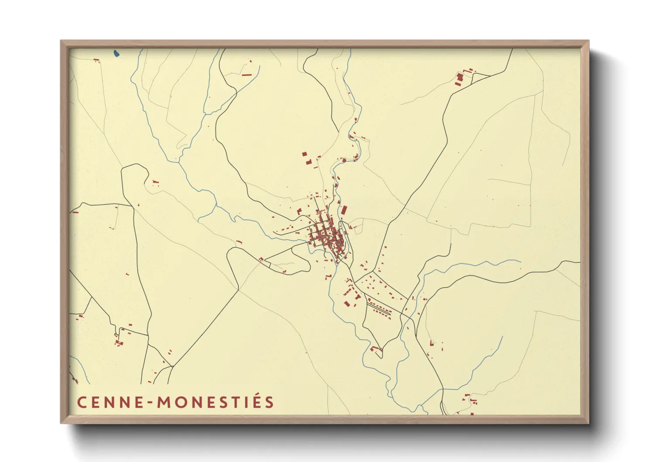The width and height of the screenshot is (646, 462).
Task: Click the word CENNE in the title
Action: pos(110,402)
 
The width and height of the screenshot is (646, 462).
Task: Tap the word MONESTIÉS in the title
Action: pos(216,402)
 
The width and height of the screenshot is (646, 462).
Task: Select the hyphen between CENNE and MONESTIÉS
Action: pos(151,403)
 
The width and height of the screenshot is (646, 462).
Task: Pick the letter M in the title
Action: pos(165,402)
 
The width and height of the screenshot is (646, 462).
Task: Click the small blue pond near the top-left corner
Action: pos(116,54)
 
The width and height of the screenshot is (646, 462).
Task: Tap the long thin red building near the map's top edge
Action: pos(247,75)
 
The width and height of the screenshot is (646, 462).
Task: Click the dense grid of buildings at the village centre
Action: pos(326,236)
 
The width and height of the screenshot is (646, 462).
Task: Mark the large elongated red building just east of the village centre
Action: pos(344,210)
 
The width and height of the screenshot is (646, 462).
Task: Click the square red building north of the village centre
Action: pos(305,154)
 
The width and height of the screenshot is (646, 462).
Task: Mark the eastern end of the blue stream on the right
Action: pos(520,262)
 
